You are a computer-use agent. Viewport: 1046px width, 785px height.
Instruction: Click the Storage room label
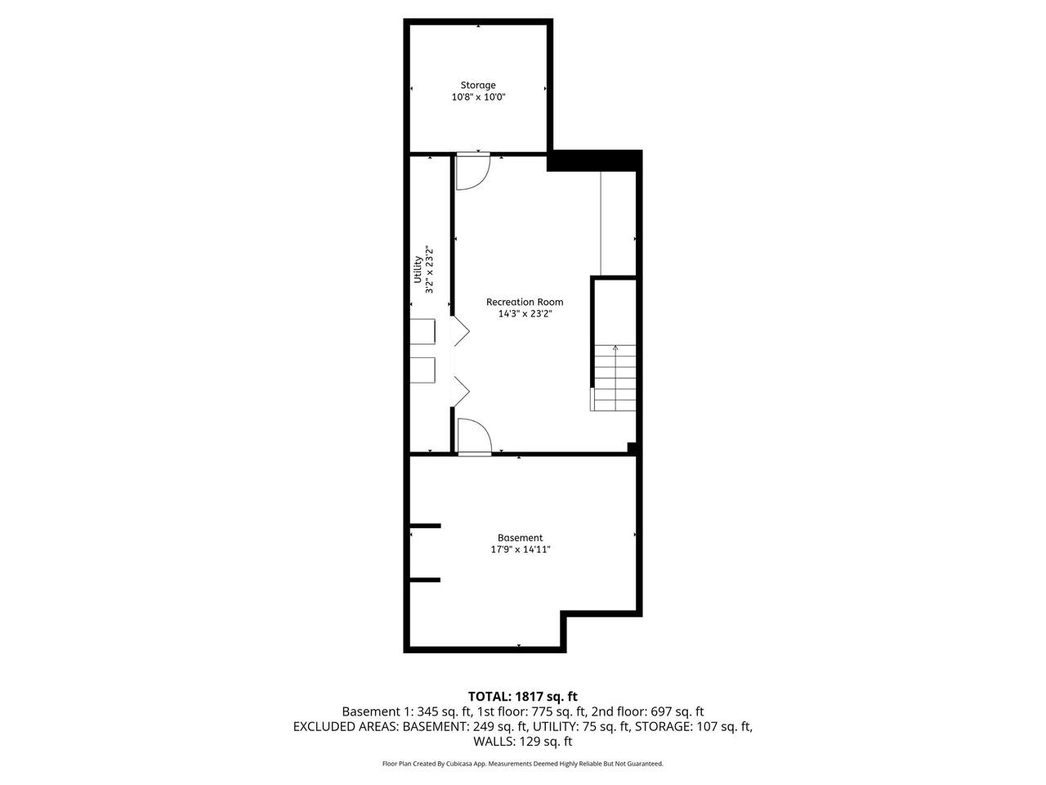pyautogui.click(x=478, y=85)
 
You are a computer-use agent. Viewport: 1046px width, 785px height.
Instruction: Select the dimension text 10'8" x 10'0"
pyautogui.click(x=478, y=97)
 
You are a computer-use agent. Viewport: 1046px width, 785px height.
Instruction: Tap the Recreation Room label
pyautogui.click(x=524, y=302)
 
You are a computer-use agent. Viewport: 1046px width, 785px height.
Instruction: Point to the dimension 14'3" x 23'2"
pyautogui.click(x=524, y=313)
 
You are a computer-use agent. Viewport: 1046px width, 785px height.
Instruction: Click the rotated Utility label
pyautogui.click(x=418, y=269)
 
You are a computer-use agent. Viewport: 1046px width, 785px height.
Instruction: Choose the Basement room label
pyautogui.click(x=521, y=538)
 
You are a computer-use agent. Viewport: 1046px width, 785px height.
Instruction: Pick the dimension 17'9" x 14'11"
pyautogui.click(x=521, y=549)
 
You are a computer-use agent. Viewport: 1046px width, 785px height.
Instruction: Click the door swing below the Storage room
pyautogui.click(x=471, y=172)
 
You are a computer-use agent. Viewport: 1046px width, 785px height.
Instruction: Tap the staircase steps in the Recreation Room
pyautogui.click(x=615, y=378)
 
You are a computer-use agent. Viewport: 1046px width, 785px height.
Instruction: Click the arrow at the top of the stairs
pyautogui.click(x=615, y=348)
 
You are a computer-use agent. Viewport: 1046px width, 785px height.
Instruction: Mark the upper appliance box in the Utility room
pyautogui.click(x=422, y=331)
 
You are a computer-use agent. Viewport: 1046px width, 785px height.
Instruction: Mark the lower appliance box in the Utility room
pyautogui.click(x=422, y=370)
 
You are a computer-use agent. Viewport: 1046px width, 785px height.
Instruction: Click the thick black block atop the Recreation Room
pyautogui.click(x=592, y=161)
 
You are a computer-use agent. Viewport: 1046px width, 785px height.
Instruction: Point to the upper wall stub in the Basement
pyautogui.click(x=425, y=526)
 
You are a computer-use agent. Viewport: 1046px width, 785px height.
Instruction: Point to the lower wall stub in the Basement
pyautogui.click(x=425, y=580)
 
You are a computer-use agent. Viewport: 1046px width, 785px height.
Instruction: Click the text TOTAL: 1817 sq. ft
pyautogui.click(x=522, y=697)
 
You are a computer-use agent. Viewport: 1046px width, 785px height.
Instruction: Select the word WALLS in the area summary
pyautogui.click(x=493, y=742)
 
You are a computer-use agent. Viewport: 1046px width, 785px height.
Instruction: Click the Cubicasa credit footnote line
pyautogui.click(x=522, y=764)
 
